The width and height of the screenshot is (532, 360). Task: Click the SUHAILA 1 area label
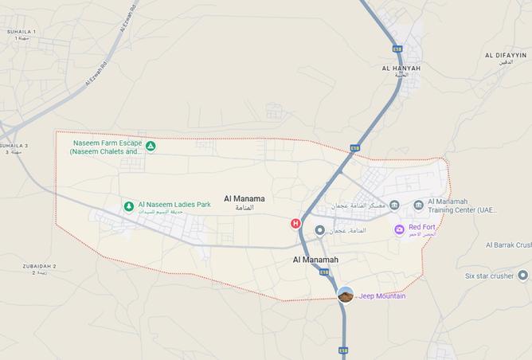pyautogui.click(x=22, y=32)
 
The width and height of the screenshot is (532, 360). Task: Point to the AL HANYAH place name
pyautogui.click(x=401, y=69)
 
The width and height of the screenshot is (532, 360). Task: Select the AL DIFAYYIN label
pyautogui.click(x=505, y=55)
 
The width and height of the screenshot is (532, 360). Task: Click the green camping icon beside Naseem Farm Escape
pyautogui.click(x=150, y=147)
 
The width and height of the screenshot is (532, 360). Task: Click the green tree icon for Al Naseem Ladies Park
pyautogui.click(x=128, y=206)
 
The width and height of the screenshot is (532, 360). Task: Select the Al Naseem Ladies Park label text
pyautogui.click(x=174, y=205)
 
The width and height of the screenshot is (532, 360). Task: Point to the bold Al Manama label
pyautogui.click(x=244, y=198)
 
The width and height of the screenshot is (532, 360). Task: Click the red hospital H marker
pyautogui.click(x=296, y=224)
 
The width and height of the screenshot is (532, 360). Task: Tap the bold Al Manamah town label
pyautogui.click(x=315, y=260)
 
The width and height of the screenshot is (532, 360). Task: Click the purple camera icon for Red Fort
pyautogui.click(x=400, y=229)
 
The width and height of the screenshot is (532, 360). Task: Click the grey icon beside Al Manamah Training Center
pyautogui.click(x=418, y=205)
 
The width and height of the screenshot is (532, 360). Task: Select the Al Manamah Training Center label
pyautogui.click(x=462, y=206)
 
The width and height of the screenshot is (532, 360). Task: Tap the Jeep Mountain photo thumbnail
pyautogui.click(x=346, y=295)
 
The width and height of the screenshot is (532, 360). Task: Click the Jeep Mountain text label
pyautogui.click(x=382, y=296)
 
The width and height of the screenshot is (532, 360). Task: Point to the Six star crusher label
pyautogui.click(x=489, y=276)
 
